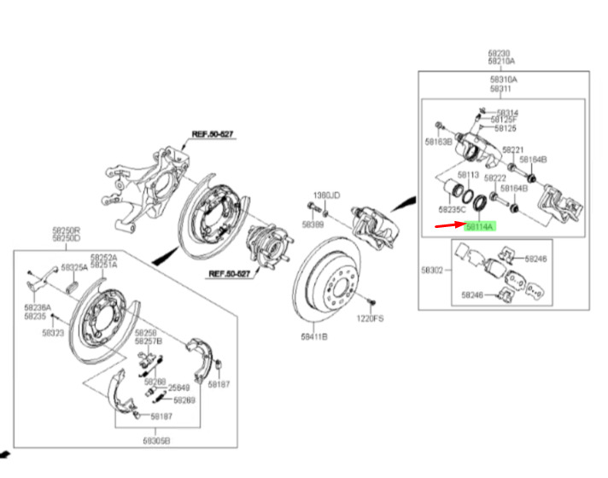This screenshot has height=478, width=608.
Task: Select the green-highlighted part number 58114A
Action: point(479,227)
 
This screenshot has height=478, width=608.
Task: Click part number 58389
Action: point(313,224)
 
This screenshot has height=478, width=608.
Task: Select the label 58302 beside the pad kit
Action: point(432,270)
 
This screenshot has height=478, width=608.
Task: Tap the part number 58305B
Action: point(155,440)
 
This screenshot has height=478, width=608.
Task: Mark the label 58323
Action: point(54,334)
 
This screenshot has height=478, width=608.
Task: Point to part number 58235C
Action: point(451,209)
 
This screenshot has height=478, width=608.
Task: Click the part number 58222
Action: point(496,178)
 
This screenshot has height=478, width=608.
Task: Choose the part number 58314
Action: point(507,113)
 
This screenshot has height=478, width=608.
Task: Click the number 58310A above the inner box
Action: point(503,79)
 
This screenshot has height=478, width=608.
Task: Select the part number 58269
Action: point(184,399)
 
